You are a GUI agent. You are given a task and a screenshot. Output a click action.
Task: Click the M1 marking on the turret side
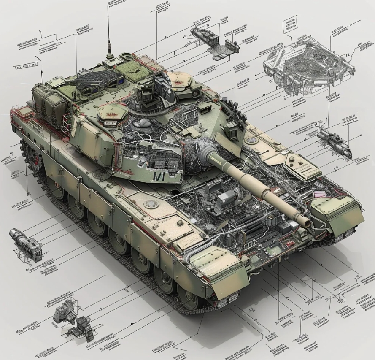[x=159, y=176]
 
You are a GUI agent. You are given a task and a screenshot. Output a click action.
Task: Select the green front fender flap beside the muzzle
[x=337, y=215]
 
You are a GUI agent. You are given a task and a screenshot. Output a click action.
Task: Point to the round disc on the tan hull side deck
[x=151, y=204]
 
